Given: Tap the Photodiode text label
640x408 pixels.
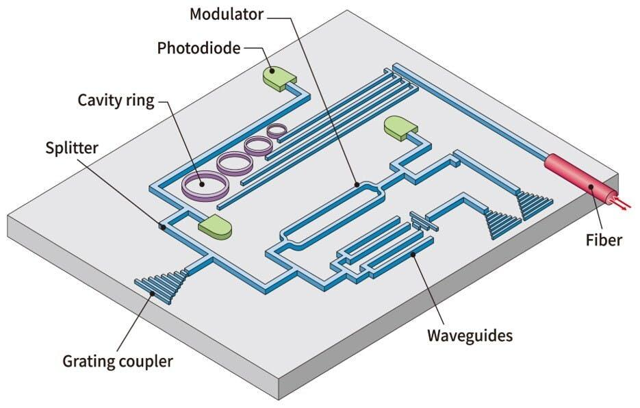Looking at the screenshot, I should point(198,48).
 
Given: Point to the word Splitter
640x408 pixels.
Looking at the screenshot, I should point(72,148).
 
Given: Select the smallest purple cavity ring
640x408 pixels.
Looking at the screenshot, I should point(277,128).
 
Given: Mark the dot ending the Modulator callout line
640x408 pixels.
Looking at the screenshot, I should point(356,184).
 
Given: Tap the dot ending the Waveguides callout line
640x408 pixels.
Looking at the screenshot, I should point(413,255).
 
